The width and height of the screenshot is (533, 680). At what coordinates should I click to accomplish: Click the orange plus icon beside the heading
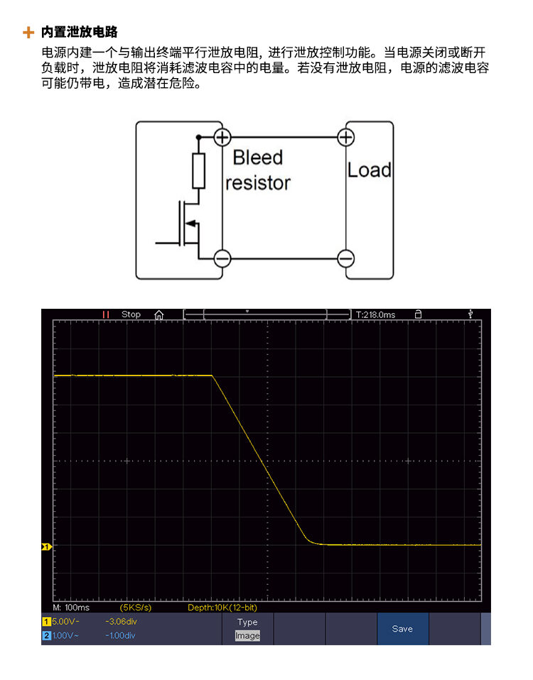[x=28, y=32]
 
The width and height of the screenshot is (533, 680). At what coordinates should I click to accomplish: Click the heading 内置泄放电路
[x=80, y=32]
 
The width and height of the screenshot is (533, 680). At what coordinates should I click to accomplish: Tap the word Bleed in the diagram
[x=258, y=157]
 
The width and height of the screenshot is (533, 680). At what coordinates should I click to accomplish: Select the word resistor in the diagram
[x=258, y=183]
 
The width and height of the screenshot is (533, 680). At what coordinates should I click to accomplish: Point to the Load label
[x=370, y=170]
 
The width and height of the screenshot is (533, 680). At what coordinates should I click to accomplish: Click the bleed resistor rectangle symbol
[x=199, y=170]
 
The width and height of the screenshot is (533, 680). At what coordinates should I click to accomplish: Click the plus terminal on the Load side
[x=346, y=138]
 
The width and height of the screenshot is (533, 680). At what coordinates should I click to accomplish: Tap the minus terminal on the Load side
[x=346, y=259]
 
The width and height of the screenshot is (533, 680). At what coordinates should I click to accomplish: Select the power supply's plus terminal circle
[x=222, y=138]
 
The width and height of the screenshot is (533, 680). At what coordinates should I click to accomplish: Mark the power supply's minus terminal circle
[x=222, y=259]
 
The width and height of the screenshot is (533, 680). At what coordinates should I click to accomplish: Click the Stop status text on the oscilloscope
[x=131, y=314]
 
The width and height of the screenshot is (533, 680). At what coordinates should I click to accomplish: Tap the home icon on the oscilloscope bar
[x=159, y=315]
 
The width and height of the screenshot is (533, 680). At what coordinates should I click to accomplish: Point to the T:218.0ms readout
[x=375, y=315]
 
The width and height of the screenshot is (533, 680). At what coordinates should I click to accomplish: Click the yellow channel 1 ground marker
[x=46, y=547]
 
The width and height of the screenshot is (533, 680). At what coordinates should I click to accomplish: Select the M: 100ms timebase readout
[x=71, y=608]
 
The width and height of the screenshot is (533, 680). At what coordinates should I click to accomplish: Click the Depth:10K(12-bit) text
[x=222, y=608]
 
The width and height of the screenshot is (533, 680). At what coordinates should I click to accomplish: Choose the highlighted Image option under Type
[x=247, y=635]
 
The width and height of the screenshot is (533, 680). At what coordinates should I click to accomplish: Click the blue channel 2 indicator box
[x=46, y=636]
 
